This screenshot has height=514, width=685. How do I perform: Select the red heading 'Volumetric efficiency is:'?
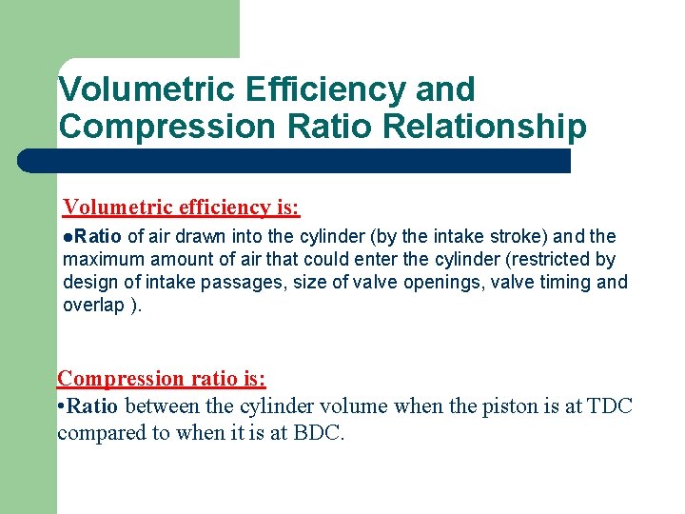click(182, 207)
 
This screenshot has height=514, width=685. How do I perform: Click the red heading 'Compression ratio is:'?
click(162, 378)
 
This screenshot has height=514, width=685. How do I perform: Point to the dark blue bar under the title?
click(295, 160)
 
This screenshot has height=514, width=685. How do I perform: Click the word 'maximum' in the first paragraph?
click(98, 259)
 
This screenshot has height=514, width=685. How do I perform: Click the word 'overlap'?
click(93, 305)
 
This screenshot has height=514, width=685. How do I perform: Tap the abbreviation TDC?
click(610, 406)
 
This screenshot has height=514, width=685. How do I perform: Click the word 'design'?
click(88, 282)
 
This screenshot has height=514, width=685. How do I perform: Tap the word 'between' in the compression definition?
click(160, 406)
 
